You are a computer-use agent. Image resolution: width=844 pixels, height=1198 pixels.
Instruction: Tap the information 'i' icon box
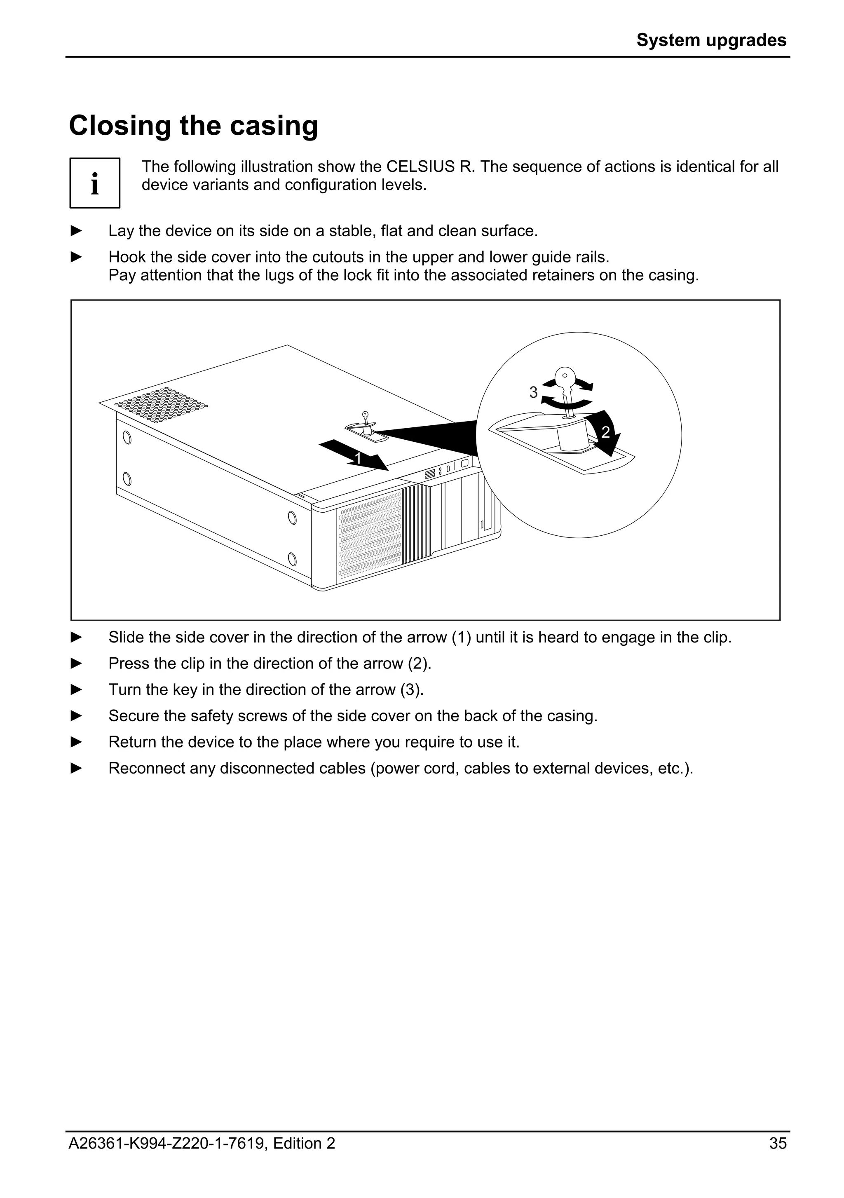(x=95, y=183)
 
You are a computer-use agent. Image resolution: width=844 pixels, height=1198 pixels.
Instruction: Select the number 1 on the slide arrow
(x=358, y=458)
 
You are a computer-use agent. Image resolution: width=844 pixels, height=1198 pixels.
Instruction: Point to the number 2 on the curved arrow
(x=605, y=432)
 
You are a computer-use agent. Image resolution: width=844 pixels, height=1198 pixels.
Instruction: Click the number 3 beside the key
(x=533, y=392)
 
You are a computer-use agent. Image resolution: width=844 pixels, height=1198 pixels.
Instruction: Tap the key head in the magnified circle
(x=565, y=377)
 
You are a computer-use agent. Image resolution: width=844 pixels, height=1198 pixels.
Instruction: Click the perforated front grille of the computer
(x=370, y=537)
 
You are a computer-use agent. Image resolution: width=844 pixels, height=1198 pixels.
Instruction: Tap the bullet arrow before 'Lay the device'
(x=77, y=231)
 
